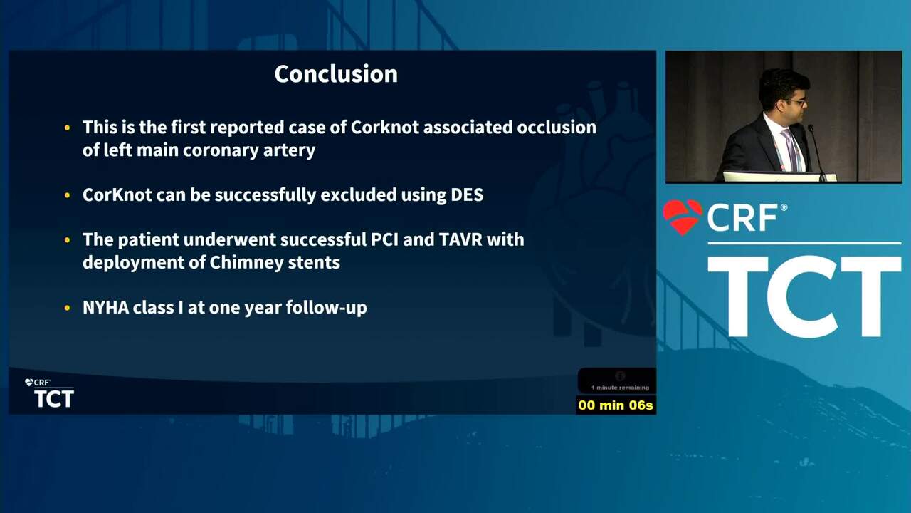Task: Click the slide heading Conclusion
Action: click(x=336, y=74)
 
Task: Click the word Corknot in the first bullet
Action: click(x=385, y=127)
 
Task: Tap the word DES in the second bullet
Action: click(x=467, y=195)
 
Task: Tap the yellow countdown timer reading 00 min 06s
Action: click(x=616, y=405)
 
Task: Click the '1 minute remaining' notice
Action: click(x=620, y=388)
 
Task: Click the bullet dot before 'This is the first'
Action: click(x=67, y=128)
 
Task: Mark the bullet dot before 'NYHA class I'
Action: click(x=67, y=308)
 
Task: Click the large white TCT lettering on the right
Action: click(x=804, y=296)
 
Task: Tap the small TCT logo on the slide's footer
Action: click(x=54, y=398)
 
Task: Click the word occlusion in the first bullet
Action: click(x=557, y=127)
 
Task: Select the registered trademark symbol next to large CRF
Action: click(x=784, y=207)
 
